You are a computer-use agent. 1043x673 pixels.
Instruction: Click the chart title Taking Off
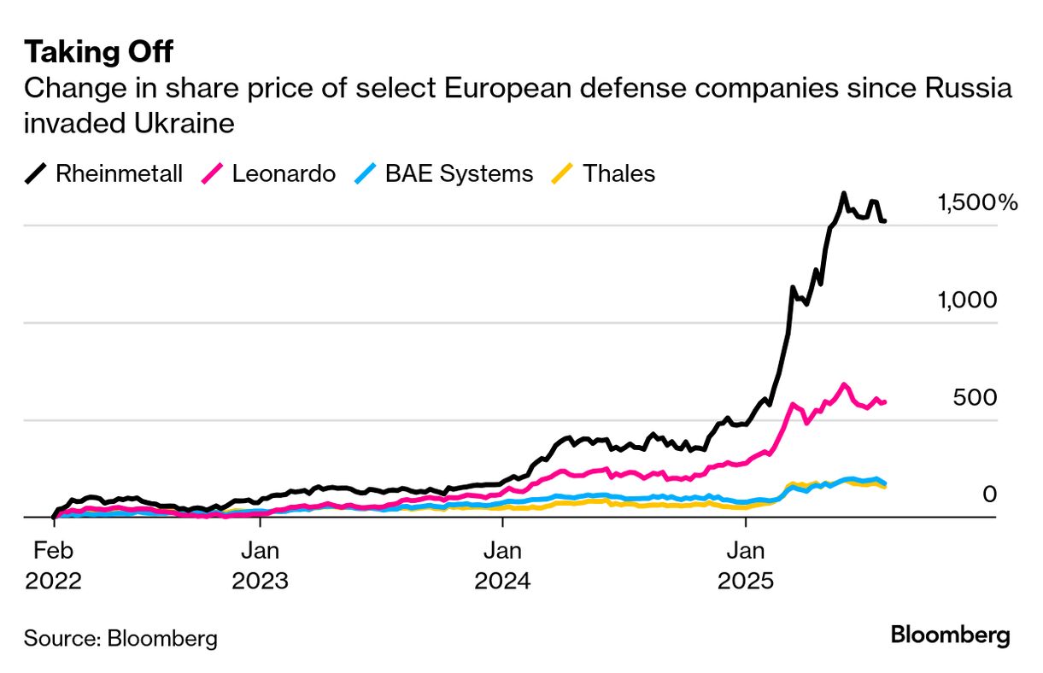pos(98,52)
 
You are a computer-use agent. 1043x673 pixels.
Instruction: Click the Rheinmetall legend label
pos(119,174)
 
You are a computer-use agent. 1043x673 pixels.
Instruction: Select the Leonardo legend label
pos(284,174)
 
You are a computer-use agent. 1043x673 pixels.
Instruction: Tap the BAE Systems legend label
pos(459,174)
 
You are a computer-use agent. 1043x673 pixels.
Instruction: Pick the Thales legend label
pos(619,174)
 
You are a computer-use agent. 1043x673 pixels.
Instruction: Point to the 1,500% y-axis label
pos(977,203)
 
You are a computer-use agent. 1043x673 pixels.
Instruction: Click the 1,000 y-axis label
pos(967,301)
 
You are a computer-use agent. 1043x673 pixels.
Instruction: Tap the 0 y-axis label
pos(988,495)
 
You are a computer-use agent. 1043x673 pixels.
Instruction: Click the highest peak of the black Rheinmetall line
pos(844,194)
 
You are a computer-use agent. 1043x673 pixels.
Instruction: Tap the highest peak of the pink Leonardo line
pos(844,385)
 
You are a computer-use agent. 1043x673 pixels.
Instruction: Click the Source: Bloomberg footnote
pos(120,637)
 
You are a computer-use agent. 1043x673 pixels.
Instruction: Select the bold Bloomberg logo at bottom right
pos(950,635)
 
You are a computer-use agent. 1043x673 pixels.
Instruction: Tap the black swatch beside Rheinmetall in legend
pos(37,174)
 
